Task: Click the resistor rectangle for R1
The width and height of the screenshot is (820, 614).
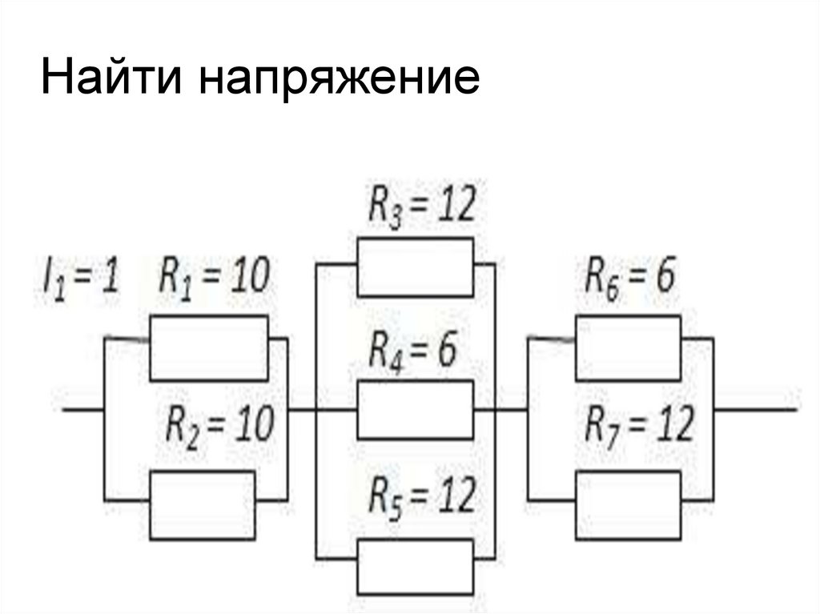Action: (x=208, y=347)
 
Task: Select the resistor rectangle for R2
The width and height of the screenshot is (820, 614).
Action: (x=202, y=504)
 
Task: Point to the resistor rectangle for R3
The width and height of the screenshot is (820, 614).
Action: (x=414, y=267)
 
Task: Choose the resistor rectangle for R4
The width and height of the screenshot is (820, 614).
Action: (x=414, y=410)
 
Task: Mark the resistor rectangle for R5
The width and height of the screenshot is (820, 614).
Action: (x=414, y=565)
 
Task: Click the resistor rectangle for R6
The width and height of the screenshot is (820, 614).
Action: (x=628, y=348)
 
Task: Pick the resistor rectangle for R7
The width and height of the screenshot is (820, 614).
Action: (x=628, y=504)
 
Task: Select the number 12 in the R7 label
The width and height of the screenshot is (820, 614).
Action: (x=672, y=424)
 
